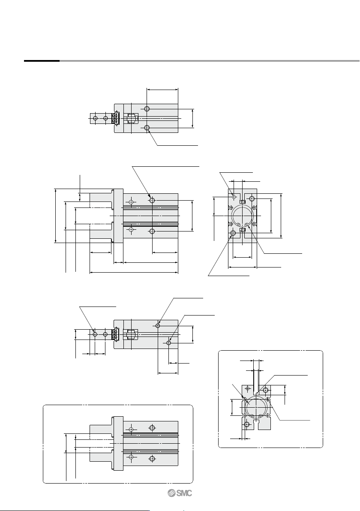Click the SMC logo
180,493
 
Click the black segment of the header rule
42,60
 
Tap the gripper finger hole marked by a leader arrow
95,334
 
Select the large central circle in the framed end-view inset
256,406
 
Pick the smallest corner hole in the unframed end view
234,197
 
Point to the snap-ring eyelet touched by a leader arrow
247,224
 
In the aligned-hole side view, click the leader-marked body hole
147,128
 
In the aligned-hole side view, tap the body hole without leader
147,108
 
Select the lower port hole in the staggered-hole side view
169,343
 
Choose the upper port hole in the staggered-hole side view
158,325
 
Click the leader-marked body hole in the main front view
152,201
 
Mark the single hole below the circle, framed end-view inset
247,424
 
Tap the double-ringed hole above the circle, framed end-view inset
266,390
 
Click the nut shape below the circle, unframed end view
243,230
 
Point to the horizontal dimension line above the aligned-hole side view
162,89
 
